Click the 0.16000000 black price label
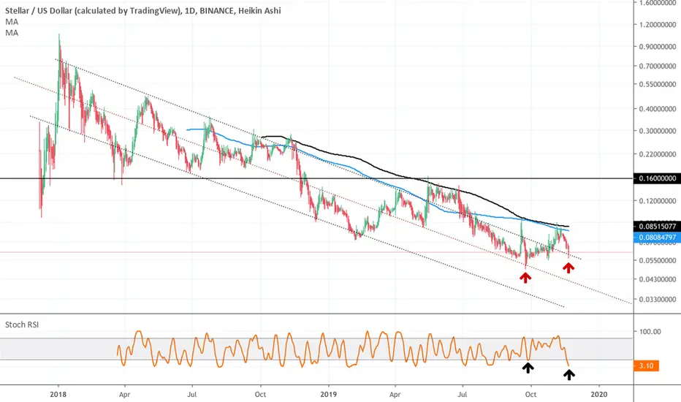tap(657, 178)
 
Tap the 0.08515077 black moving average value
tap(657, 227)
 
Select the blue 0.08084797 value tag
tap(657, 238)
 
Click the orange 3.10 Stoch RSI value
tap(646, 366)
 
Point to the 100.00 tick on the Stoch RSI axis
tap(650, 332)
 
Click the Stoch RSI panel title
tap(22, 325)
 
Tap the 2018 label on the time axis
tap(58, 395)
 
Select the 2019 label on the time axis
tap(328, 395)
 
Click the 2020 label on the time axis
tap(599, 395)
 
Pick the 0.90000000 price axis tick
tap(658, 47)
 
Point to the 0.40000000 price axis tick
tap(658, 109)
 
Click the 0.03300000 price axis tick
tap(658, 300)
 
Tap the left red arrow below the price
tap(525, 277)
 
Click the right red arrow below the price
tap(568, 268)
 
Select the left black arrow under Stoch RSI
tap(528, 368)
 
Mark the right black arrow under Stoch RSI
tap(569, 374)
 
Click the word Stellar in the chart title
tap(18, 10)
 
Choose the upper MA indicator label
tap(12, 22)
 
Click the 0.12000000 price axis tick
tap(658, 201)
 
